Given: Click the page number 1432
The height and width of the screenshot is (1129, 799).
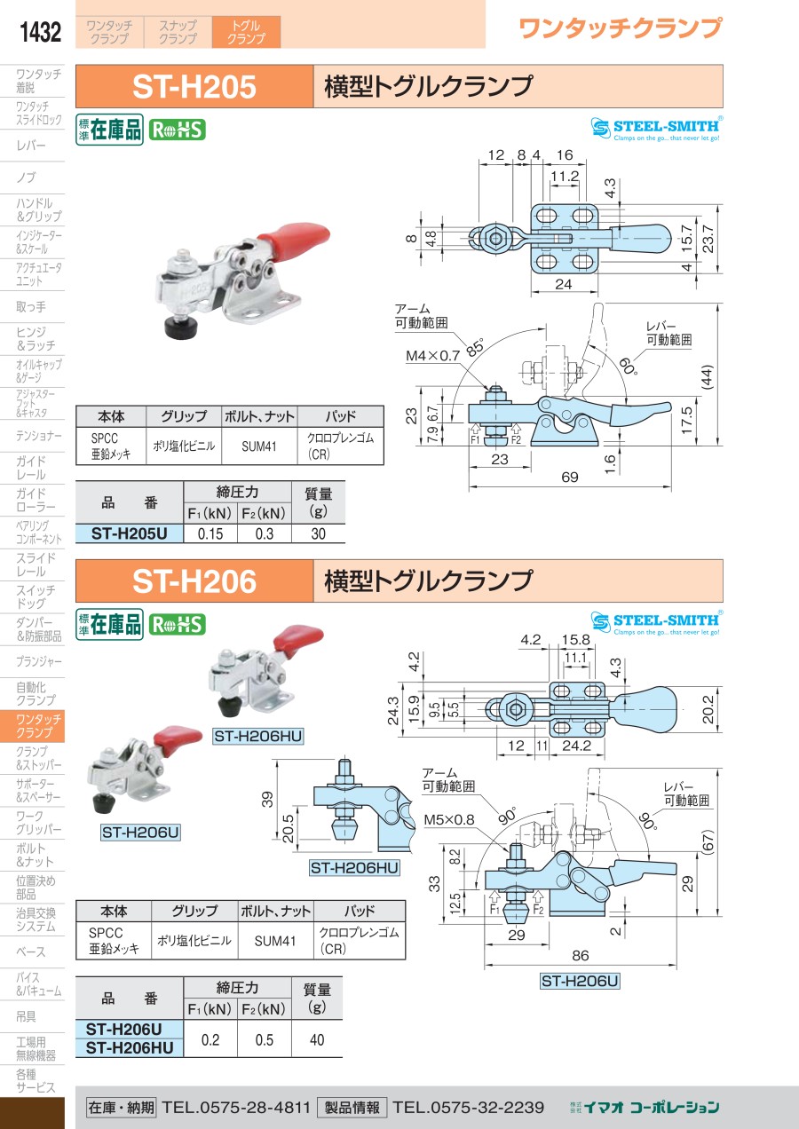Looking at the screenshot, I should tap(40, 33).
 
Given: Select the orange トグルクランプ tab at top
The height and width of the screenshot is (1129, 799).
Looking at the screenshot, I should tap(246, 33).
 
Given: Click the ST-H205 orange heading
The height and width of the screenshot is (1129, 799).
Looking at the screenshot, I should tap(194, 87).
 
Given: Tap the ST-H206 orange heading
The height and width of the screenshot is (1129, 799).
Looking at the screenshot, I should tap(194, 581).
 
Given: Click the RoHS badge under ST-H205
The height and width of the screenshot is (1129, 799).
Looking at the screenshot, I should tap(176, 130).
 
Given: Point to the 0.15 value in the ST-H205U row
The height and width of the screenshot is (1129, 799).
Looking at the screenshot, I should tap(210, 533).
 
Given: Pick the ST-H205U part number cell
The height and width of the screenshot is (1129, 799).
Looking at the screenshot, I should tap(130, 533).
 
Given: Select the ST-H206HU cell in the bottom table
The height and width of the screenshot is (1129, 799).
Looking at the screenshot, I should tap(130, 1048).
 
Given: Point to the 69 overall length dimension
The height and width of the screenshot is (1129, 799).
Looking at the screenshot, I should tap(570, 477).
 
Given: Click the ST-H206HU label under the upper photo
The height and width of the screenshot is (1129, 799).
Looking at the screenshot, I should tap(258, 736).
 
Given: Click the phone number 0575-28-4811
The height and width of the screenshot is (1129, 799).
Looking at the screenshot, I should tap(236, 1107).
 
